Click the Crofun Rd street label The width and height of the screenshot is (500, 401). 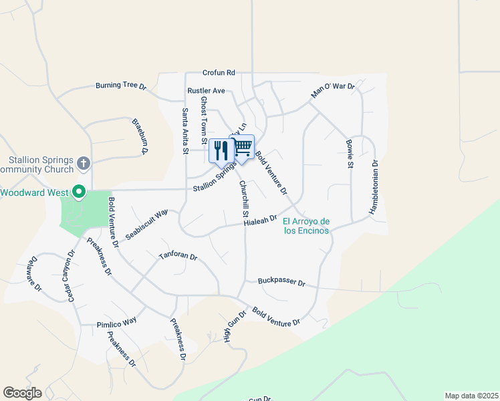[219, 73]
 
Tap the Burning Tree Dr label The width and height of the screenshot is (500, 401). [120, 86]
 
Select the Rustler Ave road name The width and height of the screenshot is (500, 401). [206, 90]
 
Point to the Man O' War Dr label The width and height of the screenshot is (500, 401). [333, 91]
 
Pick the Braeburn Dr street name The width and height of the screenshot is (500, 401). [139, 137]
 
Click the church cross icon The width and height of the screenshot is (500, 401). [84, 162]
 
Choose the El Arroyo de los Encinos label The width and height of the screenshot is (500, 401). [306, 226]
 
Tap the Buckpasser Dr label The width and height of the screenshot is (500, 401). [281, 283]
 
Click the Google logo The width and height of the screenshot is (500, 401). [22, 393]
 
